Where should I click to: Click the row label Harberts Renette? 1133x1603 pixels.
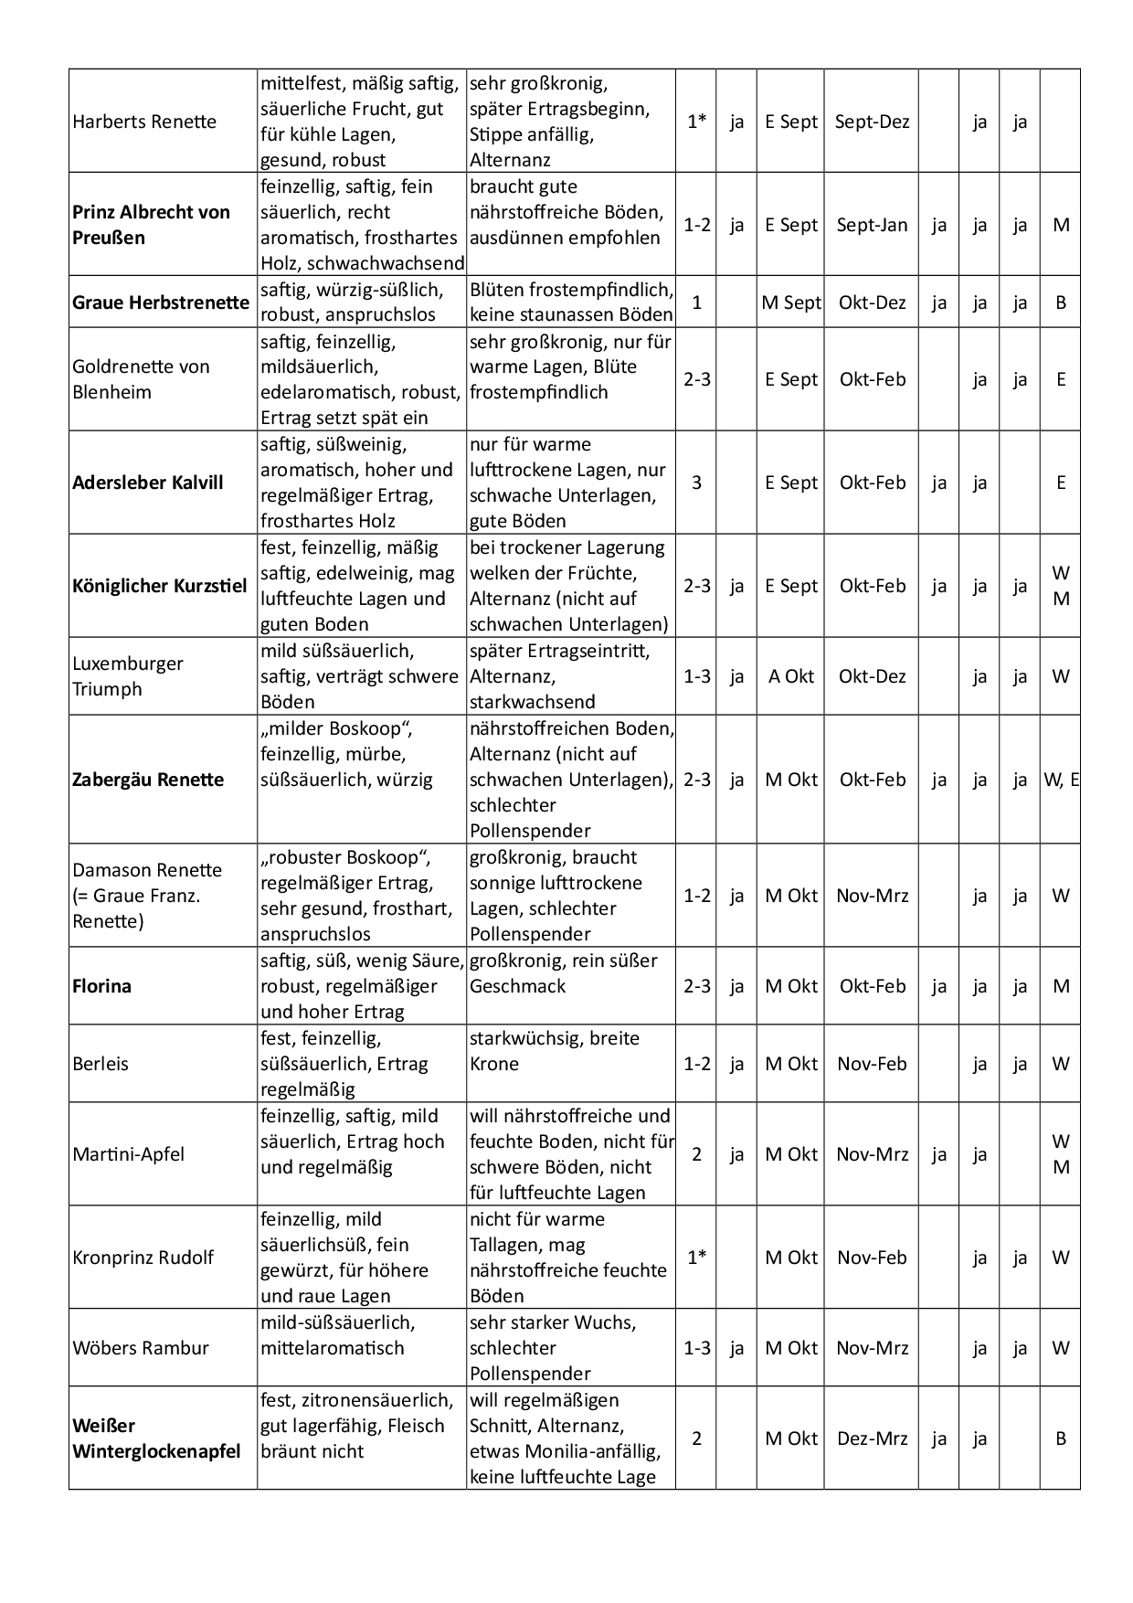tap(144, 122)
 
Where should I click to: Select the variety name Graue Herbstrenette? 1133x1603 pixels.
tap(161, 303)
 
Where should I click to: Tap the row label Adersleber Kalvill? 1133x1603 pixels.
tap(148, 483)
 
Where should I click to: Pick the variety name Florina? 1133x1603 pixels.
tap(101, 986)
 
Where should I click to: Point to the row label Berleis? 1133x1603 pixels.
tap(101, 1064)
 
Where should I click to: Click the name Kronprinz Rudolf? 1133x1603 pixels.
tap(143, 1258)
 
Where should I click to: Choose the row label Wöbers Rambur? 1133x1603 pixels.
tap(141, 1348)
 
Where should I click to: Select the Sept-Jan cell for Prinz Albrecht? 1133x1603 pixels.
tap(872, 225)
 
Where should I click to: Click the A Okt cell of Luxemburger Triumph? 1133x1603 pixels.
tap(791, 676)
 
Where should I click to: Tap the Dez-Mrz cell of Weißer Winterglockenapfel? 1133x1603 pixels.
tap(872, 1438)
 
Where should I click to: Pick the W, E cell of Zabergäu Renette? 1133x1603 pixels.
tap(1061, 780)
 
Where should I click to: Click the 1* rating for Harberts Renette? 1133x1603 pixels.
tap(696, 122)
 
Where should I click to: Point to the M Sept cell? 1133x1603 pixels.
tap(791, 303)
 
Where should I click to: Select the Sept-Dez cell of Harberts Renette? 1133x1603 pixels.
tap(872, 122)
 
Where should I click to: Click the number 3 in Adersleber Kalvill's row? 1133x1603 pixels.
tap(696, 483)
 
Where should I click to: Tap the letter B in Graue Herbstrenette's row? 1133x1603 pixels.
tap(1061, 303)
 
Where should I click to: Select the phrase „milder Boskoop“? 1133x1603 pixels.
tap(336, 729)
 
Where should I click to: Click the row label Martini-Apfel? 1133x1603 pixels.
tap(128, 1154)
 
